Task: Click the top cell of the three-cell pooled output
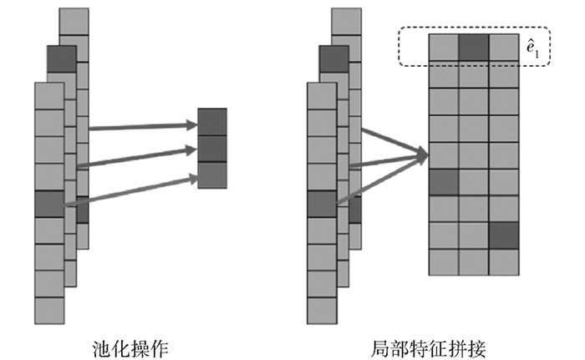point(211,121)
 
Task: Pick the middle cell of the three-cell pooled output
point(211,148)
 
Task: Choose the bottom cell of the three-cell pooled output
point(211,175)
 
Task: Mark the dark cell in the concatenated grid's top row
point(474,47)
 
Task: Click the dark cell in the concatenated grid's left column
point(444,181)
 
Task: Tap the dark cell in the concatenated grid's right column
point(504,236)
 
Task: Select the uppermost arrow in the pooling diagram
point(142,127)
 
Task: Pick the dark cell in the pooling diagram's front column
point(49,203)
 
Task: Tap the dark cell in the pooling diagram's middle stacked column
point(61,58)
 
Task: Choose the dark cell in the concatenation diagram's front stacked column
point(322,203)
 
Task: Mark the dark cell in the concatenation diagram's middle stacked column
point(333,58)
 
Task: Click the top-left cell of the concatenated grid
point(444,47)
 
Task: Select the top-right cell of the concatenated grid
point(504,47)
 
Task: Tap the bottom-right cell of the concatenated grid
point(504,262)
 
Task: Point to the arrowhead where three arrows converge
point(421,155)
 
